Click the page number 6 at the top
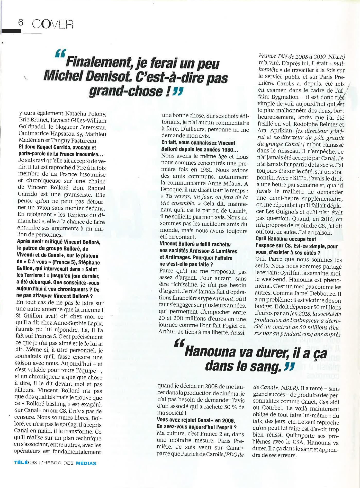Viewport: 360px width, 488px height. (x=20, y=23)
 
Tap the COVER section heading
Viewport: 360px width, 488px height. (x=53, y=24)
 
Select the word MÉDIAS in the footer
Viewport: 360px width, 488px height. (x=86, y=463)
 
